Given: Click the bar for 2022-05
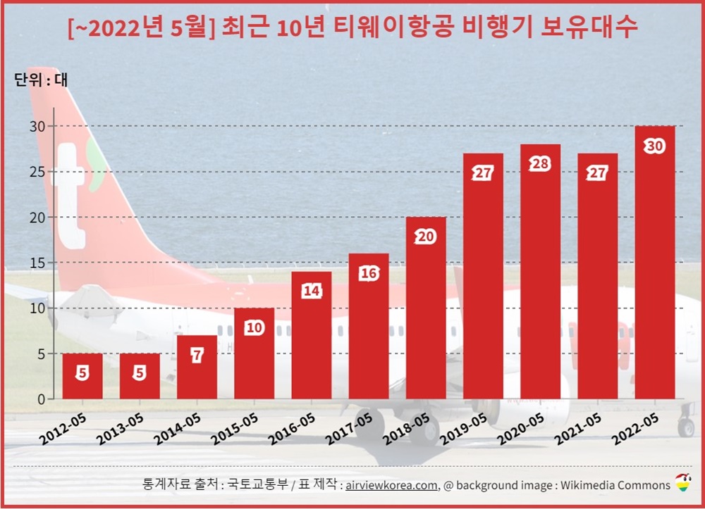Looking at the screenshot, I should click(655, 268).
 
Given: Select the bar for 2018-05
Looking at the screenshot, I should click(426, 310).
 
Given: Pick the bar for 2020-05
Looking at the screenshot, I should click(541, 275).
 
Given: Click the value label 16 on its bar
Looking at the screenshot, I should click(369, 273).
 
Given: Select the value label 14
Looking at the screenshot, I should click(312, 291).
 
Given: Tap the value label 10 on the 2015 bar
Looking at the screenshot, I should click(255, 327).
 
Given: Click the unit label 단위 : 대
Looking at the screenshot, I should click(41, 80).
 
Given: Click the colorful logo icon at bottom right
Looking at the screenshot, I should click(682, 483).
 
